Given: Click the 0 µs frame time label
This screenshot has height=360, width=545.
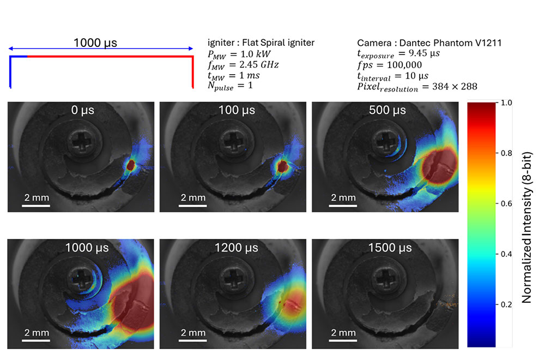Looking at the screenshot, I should pos(82,110).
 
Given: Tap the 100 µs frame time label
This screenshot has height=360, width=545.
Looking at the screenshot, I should pos(235,110).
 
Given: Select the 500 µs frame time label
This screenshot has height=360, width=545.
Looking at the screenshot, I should pos(387,110).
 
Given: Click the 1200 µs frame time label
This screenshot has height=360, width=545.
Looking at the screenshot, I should pos(235,248).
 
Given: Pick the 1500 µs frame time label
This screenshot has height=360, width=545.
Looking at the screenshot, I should pos(387,248).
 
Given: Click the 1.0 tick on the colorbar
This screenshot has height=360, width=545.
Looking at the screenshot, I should pos(507,102).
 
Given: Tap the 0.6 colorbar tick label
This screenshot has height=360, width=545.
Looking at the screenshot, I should pos(507,203).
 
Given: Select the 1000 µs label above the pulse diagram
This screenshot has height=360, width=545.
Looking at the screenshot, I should pos(95,43).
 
